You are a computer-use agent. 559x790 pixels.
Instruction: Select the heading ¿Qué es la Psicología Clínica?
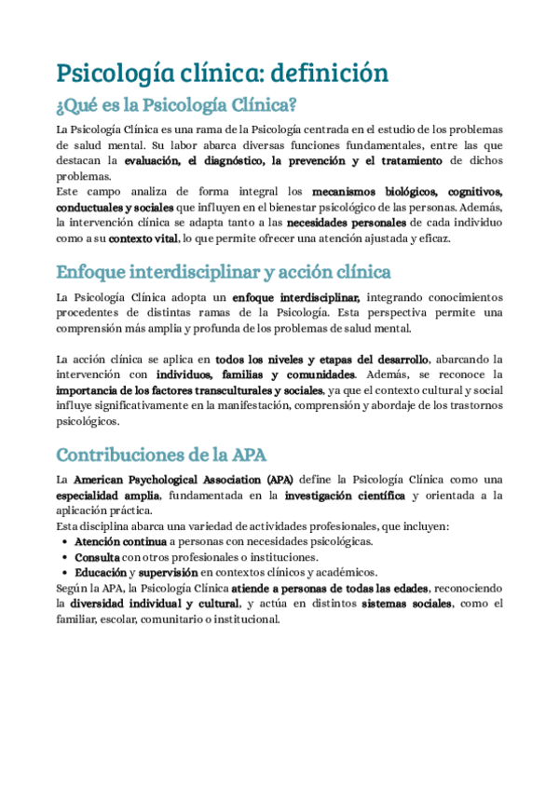(x=176, y=104)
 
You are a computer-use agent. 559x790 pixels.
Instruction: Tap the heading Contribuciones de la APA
(x=161, y=455)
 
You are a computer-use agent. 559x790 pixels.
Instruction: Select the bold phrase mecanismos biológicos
(x=373, y=192)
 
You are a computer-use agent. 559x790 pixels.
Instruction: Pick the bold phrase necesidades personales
(x=346, y=224)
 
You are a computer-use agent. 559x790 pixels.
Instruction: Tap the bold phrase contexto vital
(x=143, y=239)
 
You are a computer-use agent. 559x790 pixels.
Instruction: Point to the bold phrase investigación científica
(x=345, y=496)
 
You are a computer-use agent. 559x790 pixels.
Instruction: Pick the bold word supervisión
(x=170, y=572)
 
